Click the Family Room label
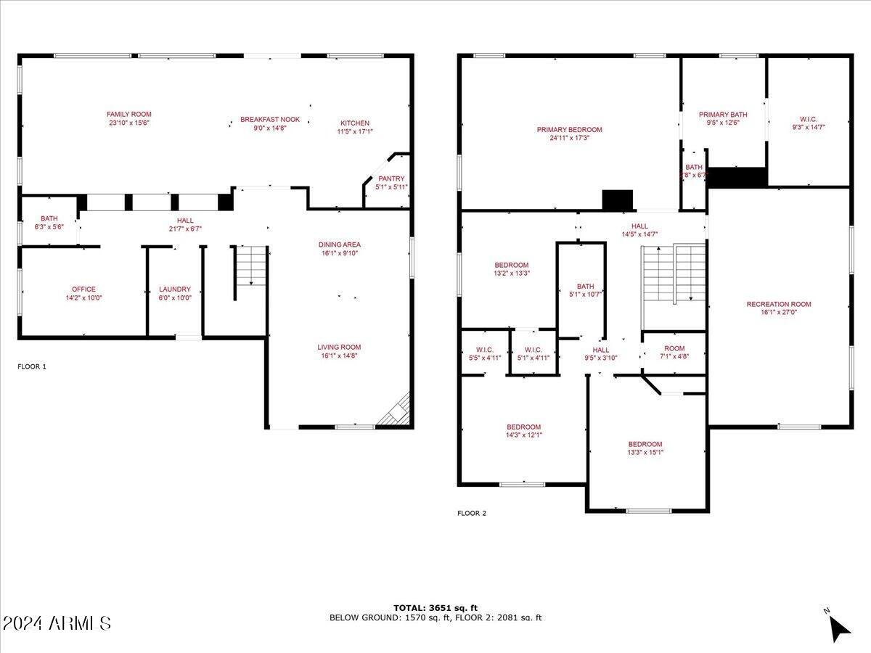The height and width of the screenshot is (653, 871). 129,114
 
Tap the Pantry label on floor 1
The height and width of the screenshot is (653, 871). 391,178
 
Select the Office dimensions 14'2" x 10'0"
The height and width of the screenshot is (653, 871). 83,297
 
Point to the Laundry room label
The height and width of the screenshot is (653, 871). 174,289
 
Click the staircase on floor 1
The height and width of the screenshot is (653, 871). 250,266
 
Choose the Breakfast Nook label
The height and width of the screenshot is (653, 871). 270,120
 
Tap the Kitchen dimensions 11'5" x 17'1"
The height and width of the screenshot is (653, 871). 355,132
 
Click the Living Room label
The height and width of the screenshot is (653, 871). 340,347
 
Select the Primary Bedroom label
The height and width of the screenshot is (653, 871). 570,130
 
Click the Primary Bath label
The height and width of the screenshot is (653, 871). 723,115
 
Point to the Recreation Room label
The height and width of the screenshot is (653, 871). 779,304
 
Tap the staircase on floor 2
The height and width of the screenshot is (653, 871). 674,274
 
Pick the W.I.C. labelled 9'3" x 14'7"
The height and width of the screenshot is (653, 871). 808,118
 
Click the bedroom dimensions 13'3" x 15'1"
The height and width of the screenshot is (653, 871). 645,453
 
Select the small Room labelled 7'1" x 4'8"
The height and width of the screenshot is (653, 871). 674,349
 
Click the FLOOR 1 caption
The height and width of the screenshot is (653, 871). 32,367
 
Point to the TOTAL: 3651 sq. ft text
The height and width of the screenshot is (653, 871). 435,608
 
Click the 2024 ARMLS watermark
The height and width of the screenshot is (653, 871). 57,623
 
